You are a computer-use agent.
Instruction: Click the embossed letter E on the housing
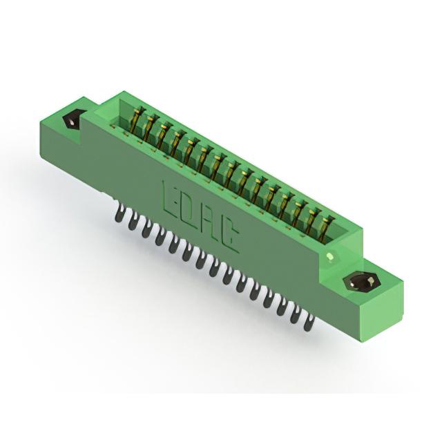171,198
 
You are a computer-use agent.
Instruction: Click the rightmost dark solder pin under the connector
309,323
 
